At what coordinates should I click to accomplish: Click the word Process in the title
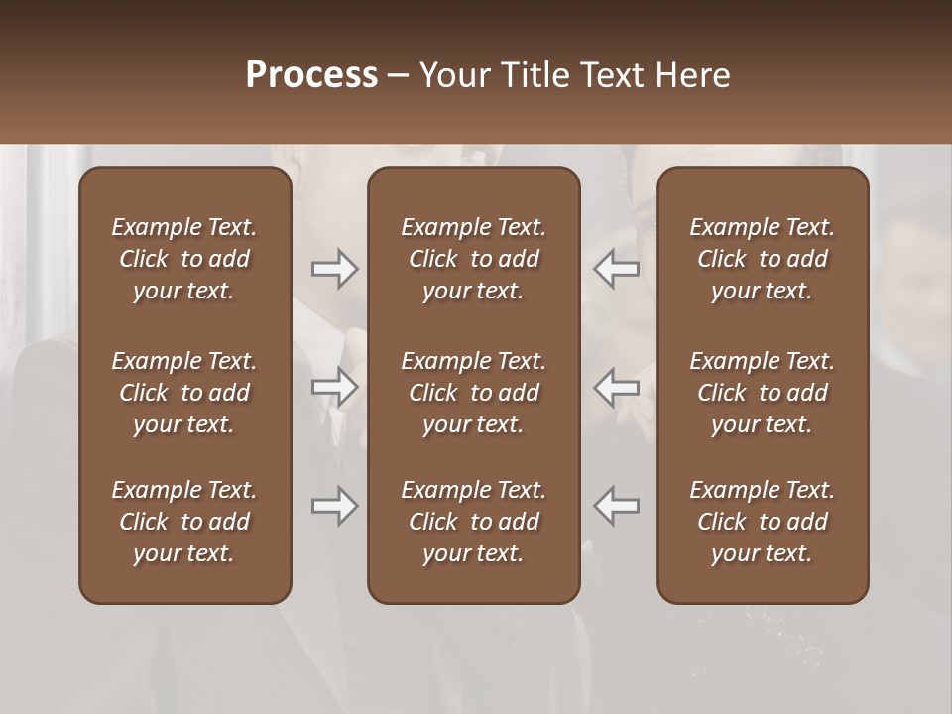(x=311, y=75)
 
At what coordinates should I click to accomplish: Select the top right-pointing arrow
(x=334, y=268)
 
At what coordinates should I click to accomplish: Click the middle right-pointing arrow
(x=334, y=387)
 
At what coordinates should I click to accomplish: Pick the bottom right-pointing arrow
(x=334, y=506)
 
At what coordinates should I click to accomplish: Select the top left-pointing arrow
(x=617, y=268)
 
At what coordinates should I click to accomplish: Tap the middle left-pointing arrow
(x=617, y=387)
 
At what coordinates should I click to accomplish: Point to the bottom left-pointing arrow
(x=617, y=506)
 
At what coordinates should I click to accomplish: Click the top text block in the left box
(x=184, y=259)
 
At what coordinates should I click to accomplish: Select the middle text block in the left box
(x=184, y=393)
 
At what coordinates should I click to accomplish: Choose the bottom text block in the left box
(x=184, y=522)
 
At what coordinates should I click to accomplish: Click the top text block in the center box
(x=473, y=259)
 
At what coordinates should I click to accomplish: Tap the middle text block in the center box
(x=473, y=393)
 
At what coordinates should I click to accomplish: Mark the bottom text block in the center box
(x=473, y=522)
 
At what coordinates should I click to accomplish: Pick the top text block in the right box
(x=762, y=259)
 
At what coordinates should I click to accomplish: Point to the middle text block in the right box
(x=762, y=393)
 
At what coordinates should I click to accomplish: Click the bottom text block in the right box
(x=762, y=522)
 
